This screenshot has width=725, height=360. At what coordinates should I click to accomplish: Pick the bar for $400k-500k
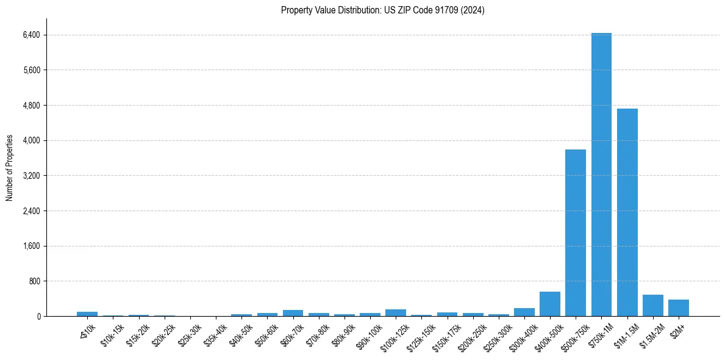coord(549,304)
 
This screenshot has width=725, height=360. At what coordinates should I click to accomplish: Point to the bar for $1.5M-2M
coord(652,306)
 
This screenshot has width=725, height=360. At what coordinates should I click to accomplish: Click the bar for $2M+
coord(679,308)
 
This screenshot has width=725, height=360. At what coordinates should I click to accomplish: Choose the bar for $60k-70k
coord(293,313)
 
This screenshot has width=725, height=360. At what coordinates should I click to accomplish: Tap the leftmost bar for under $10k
coord(87,314)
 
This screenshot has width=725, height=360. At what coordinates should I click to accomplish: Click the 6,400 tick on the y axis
coord(31,35)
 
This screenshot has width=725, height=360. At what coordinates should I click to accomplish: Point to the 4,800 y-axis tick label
coord(31,106)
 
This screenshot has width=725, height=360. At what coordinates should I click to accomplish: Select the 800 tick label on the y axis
coord(34,281)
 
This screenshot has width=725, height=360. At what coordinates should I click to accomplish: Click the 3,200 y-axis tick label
coord(31,176)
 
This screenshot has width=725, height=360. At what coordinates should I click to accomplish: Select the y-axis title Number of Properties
coord(10,167)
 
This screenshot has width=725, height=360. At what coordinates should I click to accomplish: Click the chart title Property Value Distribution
coord(383,10)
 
